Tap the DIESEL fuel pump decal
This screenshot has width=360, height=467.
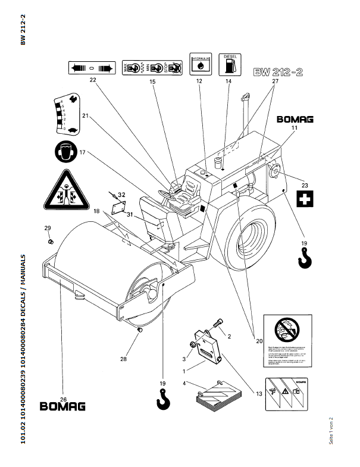(230, 63)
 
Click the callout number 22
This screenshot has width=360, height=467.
(93, 79)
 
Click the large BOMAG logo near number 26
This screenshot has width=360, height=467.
(62, 407)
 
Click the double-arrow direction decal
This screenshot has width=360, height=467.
(92, 67)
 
